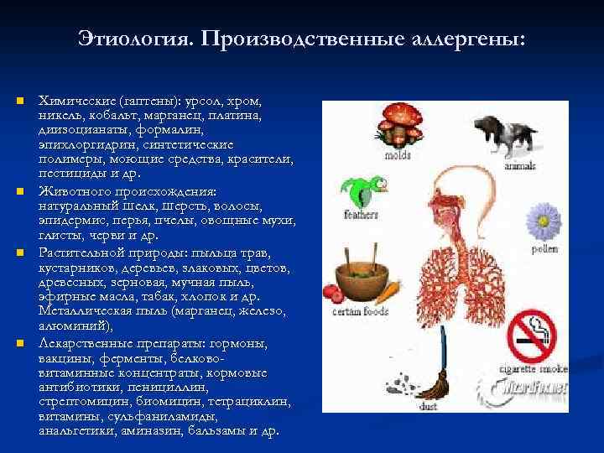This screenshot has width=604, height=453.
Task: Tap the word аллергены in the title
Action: click(469, 39)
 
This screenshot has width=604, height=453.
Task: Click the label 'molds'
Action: click(398, 155)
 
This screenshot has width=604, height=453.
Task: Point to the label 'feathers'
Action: click(355, 215)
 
